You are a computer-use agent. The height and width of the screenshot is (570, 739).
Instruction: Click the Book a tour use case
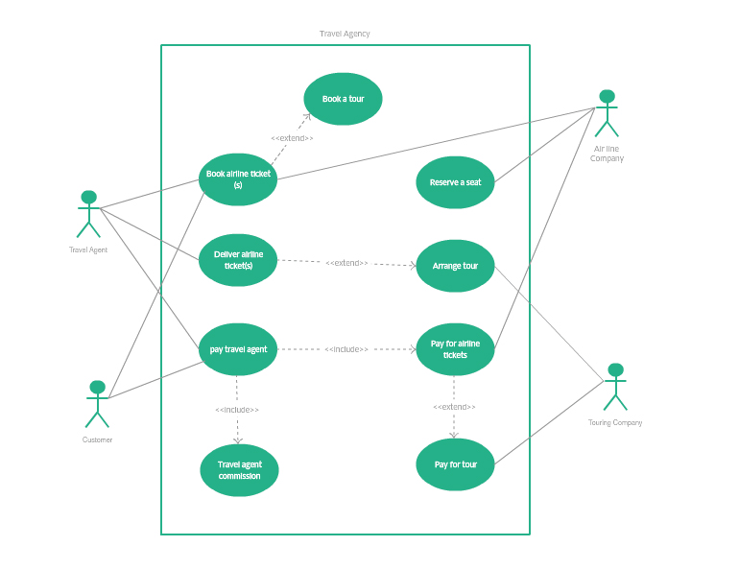[x=343, y=99]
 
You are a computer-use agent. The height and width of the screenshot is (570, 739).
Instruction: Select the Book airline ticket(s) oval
[x=238, y=179]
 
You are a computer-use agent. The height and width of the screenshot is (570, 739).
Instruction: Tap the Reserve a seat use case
[x=455, y=182]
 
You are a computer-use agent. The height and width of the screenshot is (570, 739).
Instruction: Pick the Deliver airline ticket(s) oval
[x=238, y=260]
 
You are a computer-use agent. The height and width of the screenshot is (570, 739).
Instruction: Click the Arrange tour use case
[x=455, y=266]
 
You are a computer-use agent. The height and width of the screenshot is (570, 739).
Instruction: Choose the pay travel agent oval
[x=238, y=349]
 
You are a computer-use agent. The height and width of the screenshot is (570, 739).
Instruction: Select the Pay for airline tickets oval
[x=455, y=349]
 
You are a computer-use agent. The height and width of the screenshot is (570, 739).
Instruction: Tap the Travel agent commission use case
[x=238, y=470]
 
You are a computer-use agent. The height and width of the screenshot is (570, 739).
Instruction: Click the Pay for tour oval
[x=455, y=464]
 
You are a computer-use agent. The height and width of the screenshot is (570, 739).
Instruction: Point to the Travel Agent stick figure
[x=88, y=214]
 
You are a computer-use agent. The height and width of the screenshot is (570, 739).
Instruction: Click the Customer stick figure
[x=97, y=404]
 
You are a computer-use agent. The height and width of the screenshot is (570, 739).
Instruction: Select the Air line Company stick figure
[x=607, y=113]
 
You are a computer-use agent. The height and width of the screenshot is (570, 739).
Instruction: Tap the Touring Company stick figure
[x=615, y=387]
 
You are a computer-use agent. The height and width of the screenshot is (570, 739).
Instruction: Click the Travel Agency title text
[x=345, y=34]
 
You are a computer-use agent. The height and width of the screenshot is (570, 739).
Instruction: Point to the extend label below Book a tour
[x=292, y=138]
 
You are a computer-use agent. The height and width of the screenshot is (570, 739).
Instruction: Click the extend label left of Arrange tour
[x=346, y=263]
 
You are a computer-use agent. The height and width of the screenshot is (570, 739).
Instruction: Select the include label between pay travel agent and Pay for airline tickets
[x=346, y=349]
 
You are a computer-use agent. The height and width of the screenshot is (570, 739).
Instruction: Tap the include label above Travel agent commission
[x=237, y=410]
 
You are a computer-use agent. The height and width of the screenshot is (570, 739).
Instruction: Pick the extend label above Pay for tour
[x=454, y=407]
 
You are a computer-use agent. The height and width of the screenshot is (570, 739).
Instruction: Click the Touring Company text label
[x=615, y=422]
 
